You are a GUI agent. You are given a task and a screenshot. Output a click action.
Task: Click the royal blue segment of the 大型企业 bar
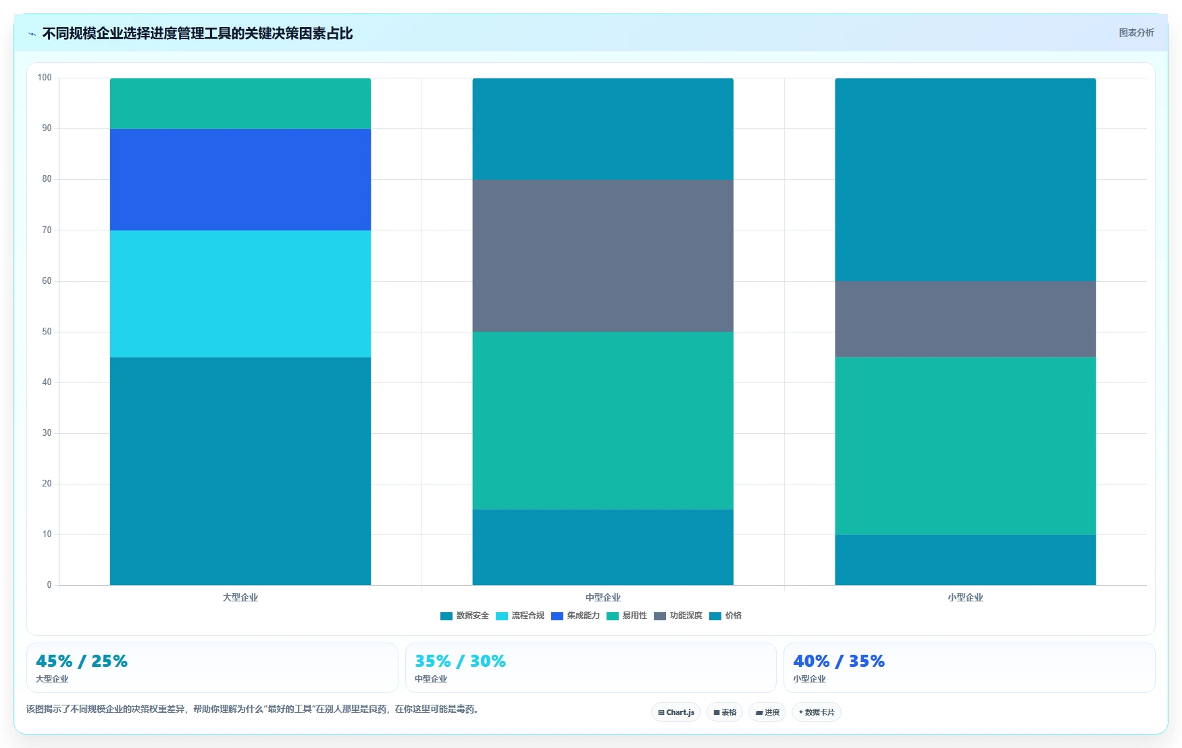click(240, 179)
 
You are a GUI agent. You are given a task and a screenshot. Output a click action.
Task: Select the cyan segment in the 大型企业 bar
click(240, 294)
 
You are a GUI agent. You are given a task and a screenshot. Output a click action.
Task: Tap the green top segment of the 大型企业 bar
click(240, 103)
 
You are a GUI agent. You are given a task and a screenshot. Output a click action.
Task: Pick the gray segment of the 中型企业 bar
click(602, 255)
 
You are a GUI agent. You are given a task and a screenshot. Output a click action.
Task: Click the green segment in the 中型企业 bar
click(602, 420)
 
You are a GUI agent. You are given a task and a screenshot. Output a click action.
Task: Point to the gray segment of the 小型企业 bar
click(965, 319)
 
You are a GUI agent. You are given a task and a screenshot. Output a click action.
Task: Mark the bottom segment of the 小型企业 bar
click(965, 560)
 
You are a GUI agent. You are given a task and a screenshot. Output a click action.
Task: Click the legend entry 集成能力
click(575, 616)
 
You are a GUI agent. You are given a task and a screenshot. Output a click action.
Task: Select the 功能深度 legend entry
click(678, 616)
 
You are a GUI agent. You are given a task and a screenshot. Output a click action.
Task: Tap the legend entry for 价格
click(725, 616)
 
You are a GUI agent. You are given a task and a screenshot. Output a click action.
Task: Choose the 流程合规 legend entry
click(520, 616)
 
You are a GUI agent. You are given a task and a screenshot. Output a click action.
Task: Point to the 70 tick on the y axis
click(47, 230)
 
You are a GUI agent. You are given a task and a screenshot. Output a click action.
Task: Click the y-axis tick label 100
click(45, 78)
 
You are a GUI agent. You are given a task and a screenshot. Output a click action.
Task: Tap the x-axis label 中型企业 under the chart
click(602, 597)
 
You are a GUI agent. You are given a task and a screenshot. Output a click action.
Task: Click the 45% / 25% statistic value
click(82, 661)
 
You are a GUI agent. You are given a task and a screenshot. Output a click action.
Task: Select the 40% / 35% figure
click(839, 661)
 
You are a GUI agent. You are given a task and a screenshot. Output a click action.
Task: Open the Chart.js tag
click(676, 712)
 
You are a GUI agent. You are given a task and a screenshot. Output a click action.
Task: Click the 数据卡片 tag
click(817, 712)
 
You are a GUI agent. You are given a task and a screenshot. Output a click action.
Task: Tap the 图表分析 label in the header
click(1136, 32)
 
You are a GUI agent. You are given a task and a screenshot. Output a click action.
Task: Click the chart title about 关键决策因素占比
click(197, 33)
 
